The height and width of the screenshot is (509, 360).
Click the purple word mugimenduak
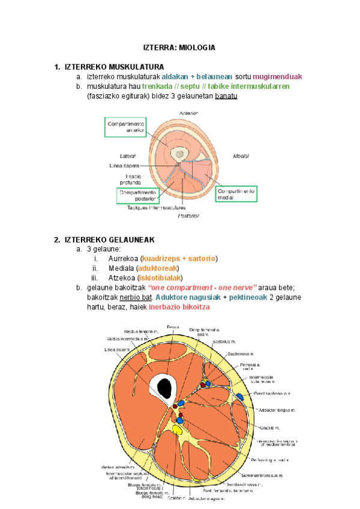(x=277, y=77)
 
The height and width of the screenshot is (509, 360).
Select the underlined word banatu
(x=226, y=96)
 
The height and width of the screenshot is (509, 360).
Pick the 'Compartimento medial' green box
(x=235, y=194)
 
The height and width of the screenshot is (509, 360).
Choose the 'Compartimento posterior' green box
(x=137, y=195)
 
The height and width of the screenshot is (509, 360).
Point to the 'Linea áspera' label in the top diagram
(x=124, y=165)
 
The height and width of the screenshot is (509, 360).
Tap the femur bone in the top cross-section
(x=178, y=154)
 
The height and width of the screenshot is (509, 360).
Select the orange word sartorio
(x=201, y=259)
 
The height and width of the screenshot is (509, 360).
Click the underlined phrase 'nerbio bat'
(x=133, y=297)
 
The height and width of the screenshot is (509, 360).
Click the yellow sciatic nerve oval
(x=177, y=429)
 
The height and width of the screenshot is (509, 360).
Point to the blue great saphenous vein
(x=239, y=397)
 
